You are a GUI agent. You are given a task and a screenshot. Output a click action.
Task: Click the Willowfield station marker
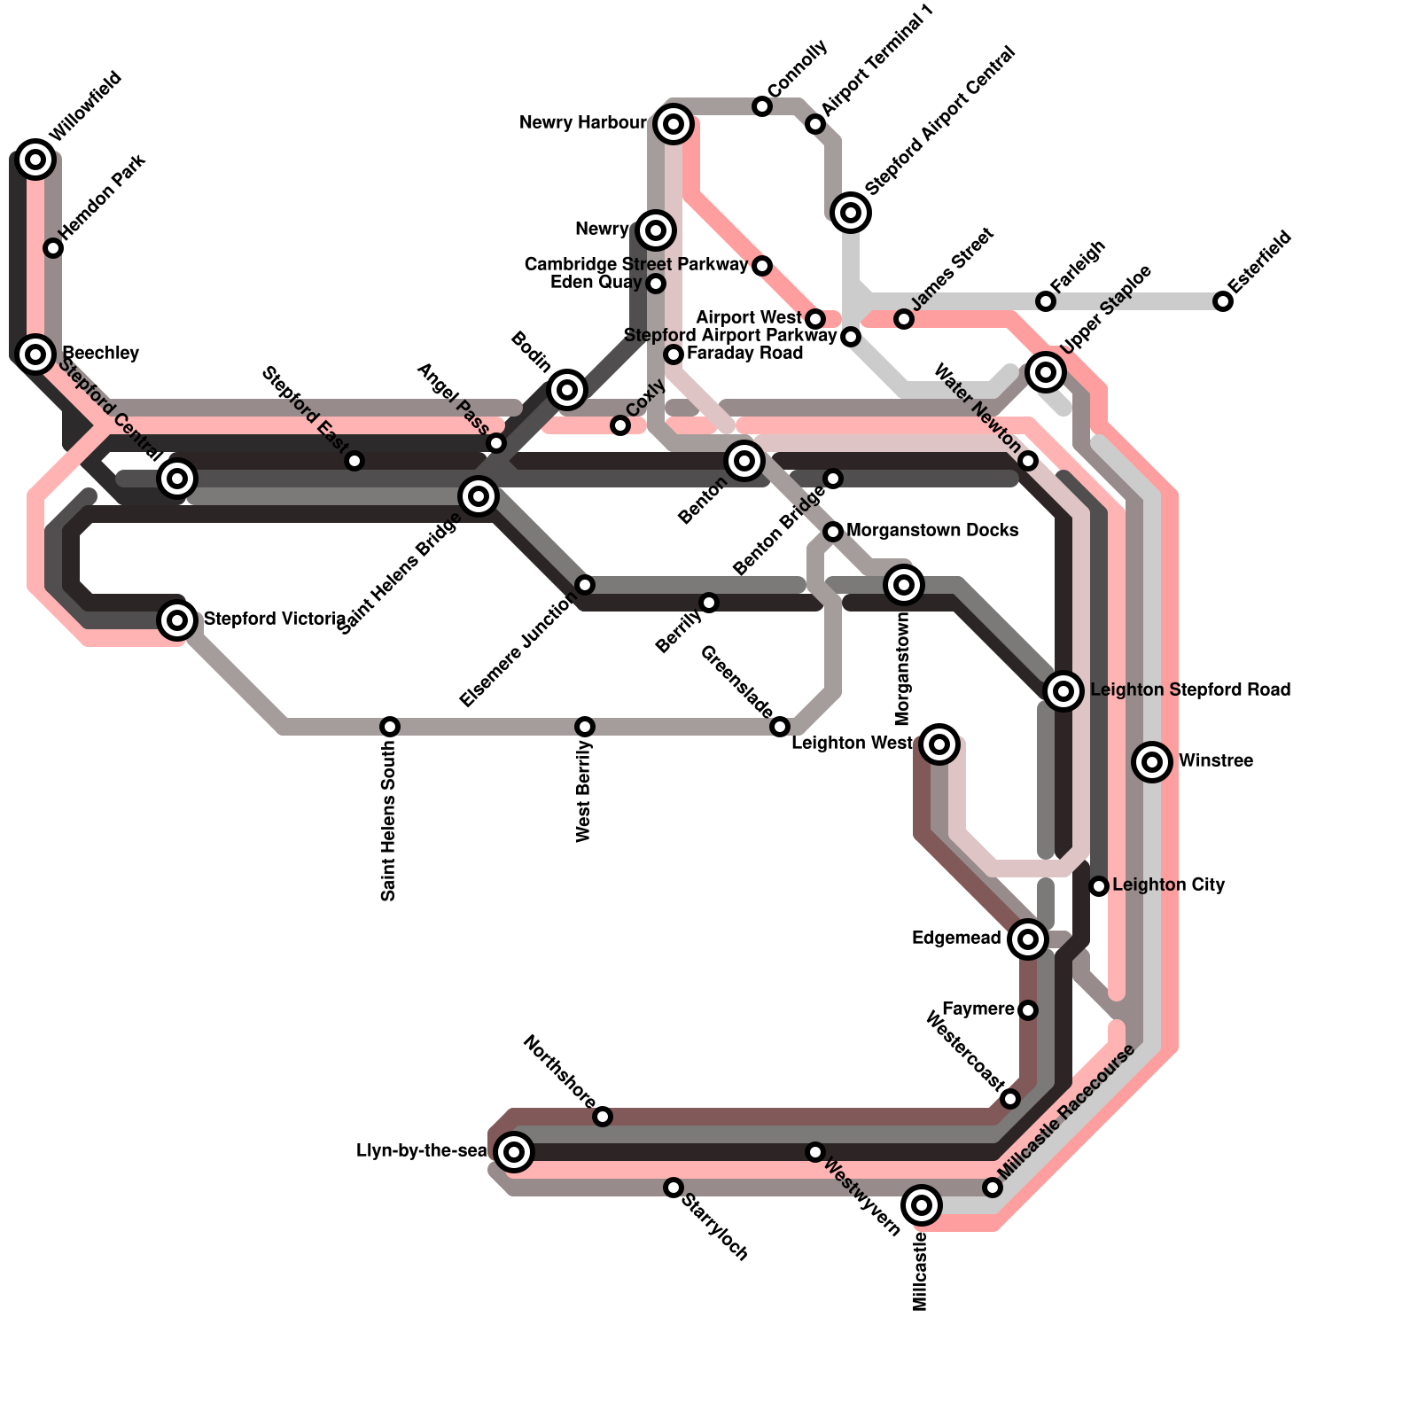(x=35, y=160)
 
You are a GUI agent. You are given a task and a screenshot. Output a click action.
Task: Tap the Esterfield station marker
(x=1223, y=301)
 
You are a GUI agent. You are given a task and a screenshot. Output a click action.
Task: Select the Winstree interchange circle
(x=1152, y=761)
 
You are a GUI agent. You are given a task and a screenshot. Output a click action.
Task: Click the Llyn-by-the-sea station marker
(x=514, y=1152)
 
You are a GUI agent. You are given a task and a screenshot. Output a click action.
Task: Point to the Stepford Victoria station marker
(x=177, y=619)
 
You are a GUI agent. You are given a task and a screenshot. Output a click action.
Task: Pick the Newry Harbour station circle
(x=674, y=124)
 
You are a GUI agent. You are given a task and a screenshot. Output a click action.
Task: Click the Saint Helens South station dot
(x=390, y=727)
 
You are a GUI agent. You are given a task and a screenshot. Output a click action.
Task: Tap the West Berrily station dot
(x=585, y=727)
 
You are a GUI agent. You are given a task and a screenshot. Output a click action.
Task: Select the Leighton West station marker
(x=939, y=744)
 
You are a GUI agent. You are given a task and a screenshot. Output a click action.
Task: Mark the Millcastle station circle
(x=922, y=1204)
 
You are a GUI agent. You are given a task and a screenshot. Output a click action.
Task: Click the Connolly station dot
(x=762, y=106)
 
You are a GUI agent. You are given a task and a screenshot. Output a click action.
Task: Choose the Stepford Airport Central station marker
(x=851, y=212)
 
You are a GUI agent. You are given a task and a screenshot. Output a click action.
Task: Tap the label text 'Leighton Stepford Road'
(x=1189, y=690)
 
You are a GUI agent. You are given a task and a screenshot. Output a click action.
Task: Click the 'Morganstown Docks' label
(x=932, y=530)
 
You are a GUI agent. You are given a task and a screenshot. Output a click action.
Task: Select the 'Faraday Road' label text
(x=744, y=353)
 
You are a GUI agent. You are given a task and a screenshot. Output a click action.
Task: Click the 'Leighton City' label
(x=1168, y=884)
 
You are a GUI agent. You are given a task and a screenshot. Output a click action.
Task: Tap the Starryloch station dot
(x=674, y=1188)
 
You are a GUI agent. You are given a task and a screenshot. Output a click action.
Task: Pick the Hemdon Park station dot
(x=53, y=248)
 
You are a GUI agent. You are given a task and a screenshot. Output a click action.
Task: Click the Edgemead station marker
(x=1028, y=939)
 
